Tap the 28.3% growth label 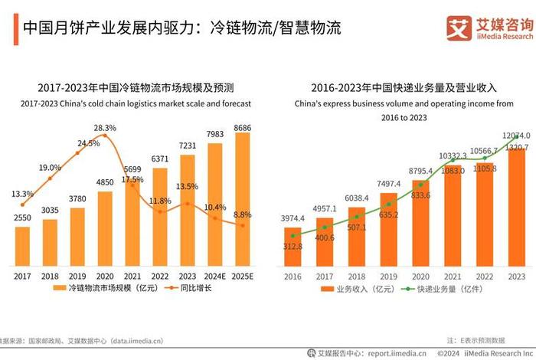105,128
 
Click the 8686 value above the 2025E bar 242,126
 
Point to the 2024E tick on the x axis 215,275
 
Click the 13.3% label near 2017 23,194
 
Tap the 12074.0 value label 516,136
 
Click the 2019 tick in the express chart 389,275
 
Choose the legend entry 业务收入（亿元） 360,290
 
